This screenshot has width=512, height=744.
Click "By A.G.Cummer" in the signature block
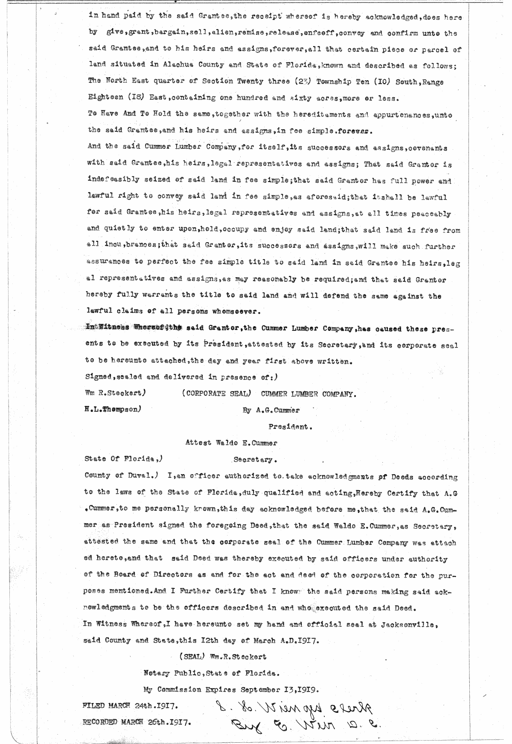click(271, 410)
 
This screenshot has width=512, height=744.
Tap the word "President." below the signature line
click(290, 426)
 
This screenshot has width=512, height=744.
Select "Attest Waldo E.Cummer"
click(231, 443)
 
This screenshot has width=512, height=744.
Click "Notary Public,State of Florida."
click(212, 674)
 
